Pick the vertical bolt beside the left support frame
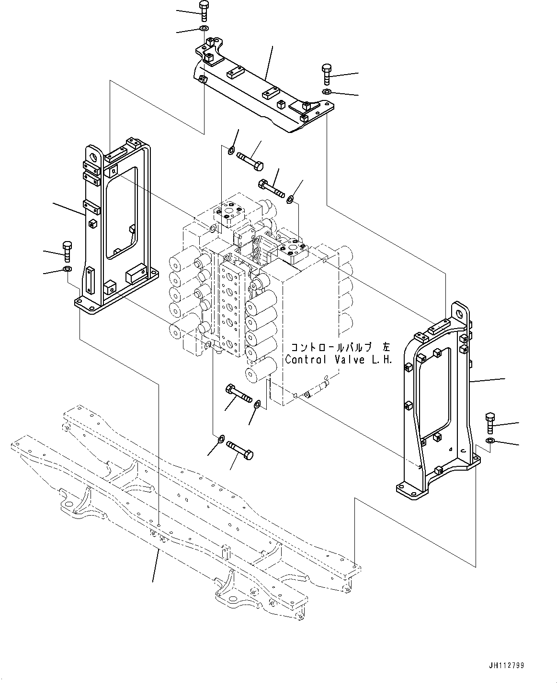(x=67, y=252)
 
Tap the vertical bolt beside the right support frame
(x=490, y=422)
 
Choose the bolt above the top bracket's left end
(x=203, y=11)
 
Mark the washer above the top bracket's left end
(x=203, y=30)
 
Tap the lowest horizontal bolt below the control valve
(x=240, y=450)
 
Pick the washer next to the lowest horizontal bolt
(x=221, y=439)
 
